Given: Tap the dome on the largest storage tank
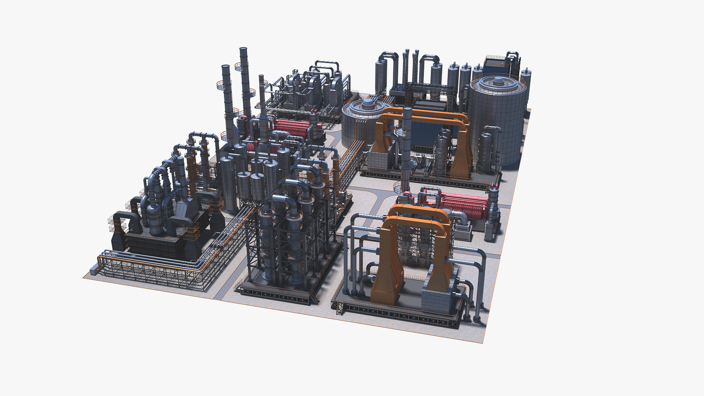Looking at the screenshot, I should tap(499, 81).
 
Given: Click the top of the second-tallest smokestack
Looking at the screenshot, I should tap(225, 67).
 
